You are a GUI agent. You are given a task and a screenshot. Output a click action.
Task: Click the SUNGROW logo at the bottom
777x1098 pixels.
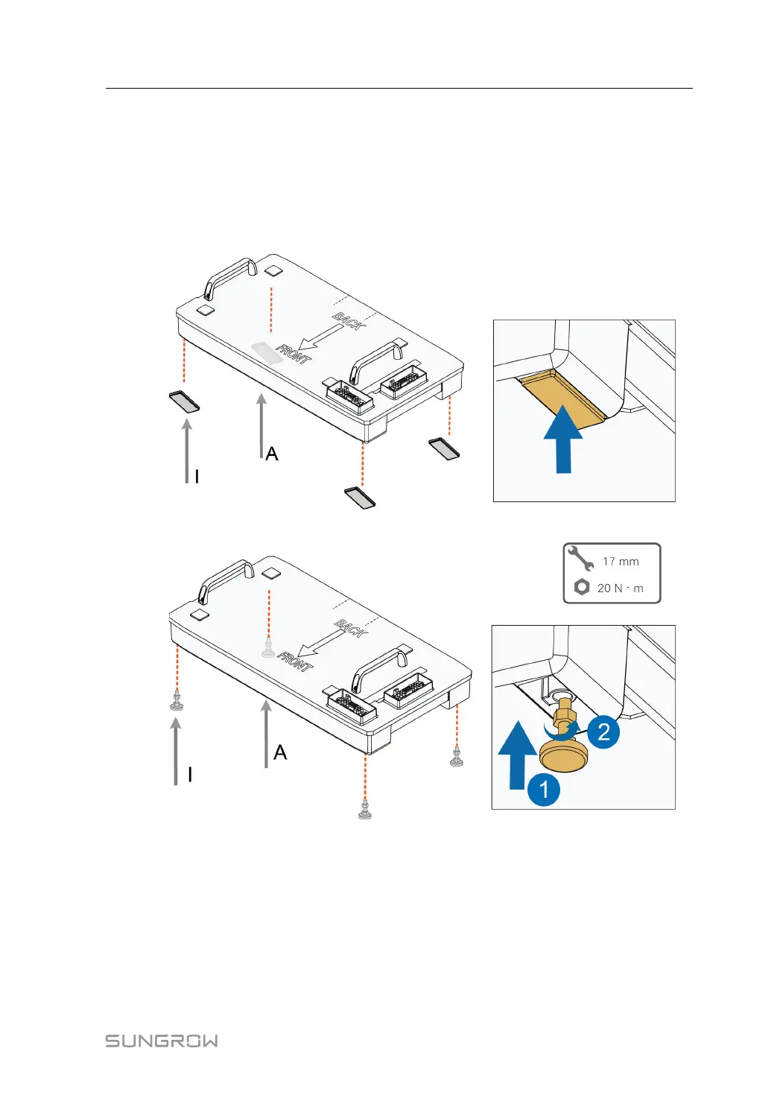[162, 1041]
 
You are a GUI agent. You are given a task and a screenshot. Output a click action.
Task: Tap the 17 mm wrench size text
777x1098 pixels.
[621, 562]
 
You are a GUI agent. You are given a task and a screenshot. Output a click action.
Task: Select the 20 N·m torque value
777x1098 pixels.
[620, 588]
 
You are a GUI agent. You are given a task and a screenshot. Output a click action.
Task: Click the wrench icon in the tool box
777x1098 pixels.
[580, 558]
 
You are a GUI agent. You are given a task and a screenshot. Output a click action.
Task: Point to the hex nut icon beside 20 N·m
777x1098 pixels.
[582, 587]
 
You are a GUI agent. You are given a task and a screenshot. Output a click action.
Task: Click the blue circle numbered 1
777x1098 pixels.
[544, 790]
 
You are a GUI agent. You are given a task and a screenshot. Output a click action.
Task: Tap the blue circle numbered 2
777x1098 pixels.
[603, 732]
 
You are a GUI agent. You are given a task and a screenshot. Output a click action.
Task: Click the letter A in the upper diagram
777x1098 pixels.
[272, 454]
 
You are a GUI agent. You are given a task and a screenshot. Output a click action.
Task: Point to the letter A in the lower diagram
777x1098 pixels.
[280, 752]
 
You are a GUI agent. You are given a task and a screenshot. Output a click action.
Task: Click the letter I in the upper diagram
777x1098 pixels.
[197, 477]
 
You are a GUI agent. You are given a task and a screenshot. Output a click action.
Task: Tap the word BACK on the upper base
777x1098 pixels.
[348, 321]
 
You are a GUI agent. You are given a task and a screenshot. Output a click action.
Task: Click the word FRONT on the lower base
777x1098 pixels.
[295, 661]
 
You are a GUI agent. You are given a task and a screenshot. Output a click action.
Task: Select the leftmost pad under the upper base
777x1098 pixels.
[184, 401]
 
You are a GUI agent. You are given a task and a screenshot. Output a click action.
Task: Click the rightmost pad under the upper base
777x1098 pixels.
[444, 448]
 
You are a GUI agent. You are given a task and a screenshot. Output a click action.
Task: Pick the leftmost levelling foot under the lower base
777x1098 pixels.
[177, 702]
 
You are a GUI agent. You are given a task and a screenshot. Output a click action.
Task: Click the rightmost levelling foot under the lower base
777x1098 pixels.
[457, 759]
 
